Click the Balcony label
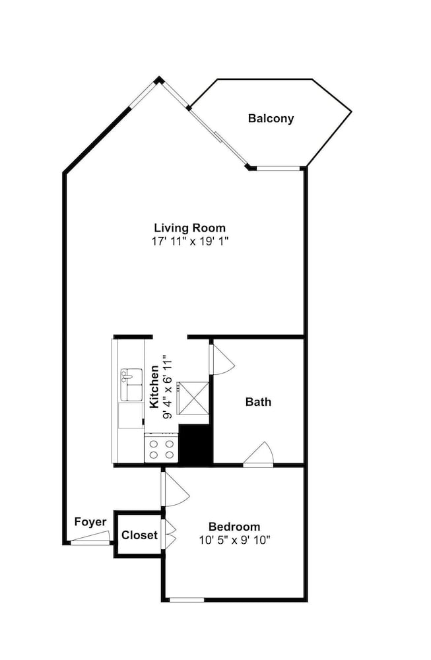pyautogui.click(x=271, y=118)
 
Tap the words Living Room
pyautogui.click(x=190, y=228)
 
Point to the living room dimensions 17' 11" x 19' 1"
pyautogui.click(x=190, y=241)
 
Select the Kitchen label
pyautogui.click(x=154, y=387)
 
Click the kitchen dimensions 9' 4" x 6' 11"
pyautogui.click(x=168, y=387)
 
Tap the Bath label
pyautogui.click(x=258, y=401)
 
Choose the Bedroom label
pyautogui.click(x=234, y=527)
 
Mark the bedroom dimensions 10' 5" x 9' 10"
pyautogui.click(x=234, y=540)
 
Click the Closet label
pyautogui.click(x=139, y=535)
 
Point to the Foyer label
pyautogui.click(x=90, y=522)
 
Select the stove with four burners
pyautogui.click(x=162, y=448)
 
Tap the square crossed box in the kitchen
pyautogui.click(x=193, y=398)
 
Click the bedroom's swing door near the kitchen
pyautogui.click(x=174, y=488)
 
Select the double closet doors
pyautogui.click(x=168, y=535)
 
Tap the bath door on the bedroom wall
pyautogui.click(x=259, y=455)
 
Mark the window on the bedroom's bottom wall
pyautogui.click(x=187, y=599)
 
